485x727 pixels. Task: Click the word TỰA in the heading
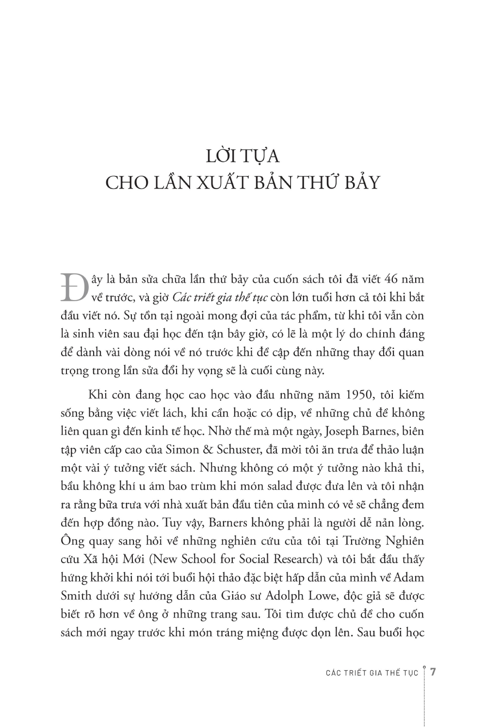pyautogui.click(x=262, y=157)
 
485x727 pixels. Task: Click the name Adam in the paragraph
pyautogui.click(x=409, y=577)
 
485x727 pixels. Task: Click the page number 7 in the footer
pyautogui.click(x=434, y=672)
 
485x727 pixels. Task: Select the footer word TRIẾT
pyautogui.click(x=354, y=673)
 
